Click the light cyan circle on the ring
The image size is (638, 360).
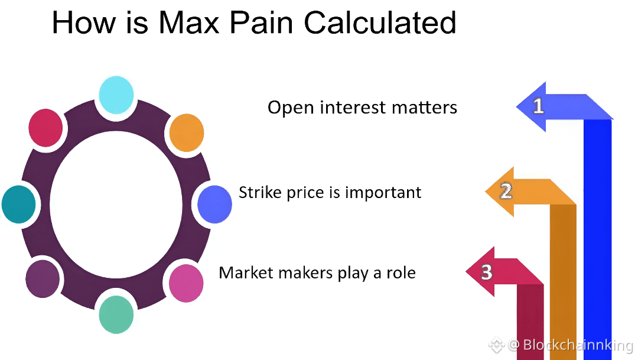(116, 95)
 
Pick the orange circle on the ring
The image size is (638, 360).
(186, 132)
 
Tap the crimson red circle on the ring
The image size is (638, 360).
(45, 128)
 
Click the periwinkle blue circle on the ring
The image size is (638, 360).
(214, 203)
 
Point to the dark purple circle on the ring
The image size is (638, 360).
(43, 278)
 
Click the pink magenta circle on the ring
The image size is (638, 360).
(186, 283)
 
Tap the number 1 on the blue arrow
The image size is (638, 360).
(538, 106)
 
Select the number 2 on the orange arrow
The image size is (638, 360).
(506, 192)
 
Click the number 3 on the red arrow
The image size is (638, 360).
(486, 272)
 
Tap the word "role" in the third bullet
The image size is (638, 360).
(401, 273)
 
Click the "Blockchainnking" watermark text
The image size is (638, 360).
(578, 345)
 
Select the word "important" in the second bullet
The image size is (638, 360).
(383, 193)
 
